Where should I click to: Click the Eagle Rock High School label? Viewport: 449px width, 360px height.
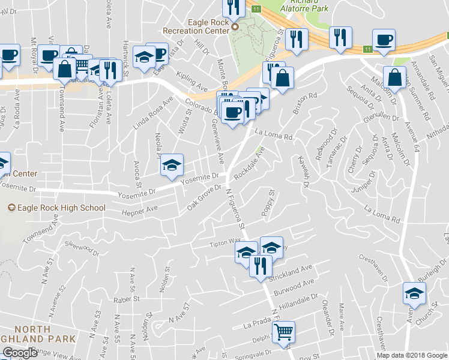(56, 208)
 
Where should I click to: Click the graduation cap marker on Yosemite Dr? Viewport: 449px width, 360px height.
(172, 165)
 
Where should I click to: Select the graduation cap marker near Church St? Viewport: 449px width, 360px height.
(414, 293)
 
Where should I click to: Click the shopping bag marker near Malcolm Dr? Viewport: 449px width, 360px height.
(394, 77)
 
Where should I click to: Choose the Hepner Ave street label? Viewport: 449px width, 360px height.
(139, 209)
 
